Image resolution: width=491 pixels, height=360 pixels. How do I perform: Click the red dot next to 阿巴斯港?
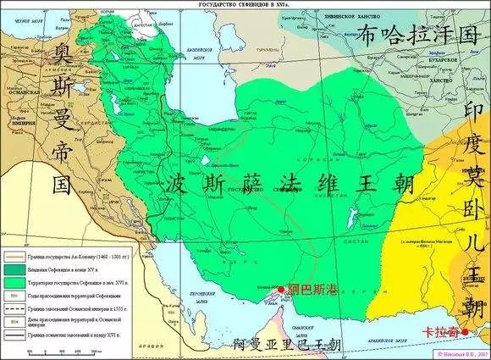(x=281, y=291)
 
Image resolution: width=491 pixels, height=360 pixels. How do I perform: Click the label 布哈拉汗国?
(x=417, y=36)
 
